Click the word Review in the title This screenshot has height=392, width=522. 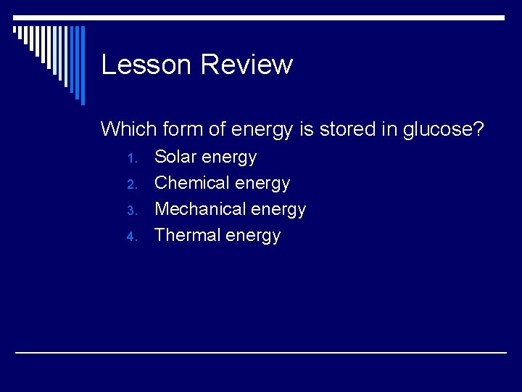[246, 65]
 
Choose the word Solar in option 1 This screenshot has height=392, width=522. [175, 157]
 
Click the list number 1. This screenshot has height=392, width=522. [131, 158]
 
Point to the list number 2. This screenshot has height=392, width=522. [131, 184]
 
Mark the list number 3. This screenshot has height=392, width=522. [131, 211]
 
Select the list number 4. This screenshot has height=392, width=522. [131, 237]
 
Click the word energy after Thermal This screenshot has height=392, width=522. [253, 237]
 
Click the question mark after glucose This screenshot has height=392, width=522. [478, 129]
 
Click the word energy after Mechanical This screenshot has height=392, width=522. [279, 211]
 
